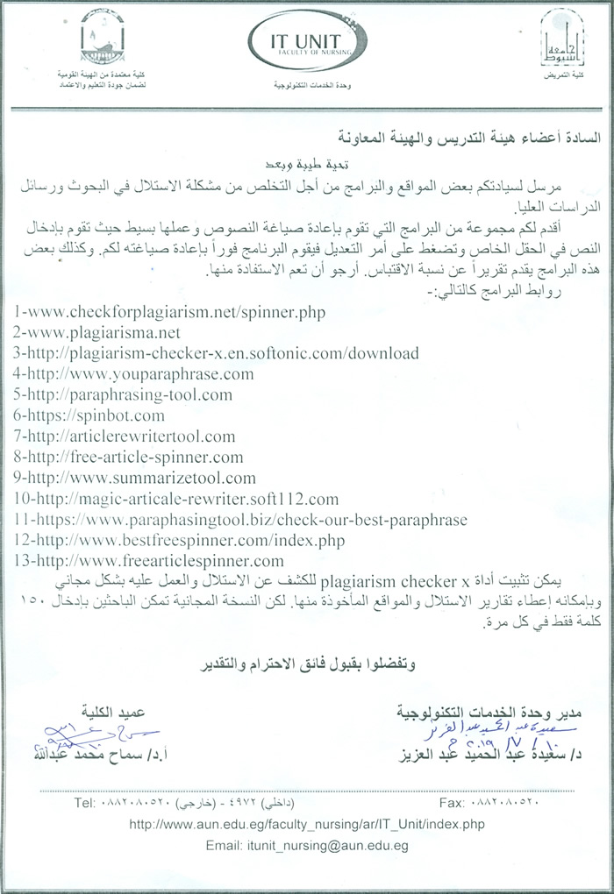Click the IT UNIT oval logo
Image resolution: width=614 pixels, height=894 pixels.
click(306, 40)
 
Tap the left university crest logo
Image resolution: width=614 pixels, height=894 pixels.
click(102, 39)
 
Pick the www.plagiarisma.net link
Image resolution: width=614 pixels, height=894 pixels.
click(96, 333)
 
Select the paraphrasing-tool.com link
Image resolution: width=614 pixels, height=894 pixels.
click(123, 395)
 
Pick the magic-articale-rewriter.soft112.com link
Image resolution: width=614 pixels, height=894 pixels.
click(175, 500)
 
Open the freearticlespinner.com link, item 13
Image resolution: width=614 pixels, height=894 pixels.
click(149, 562)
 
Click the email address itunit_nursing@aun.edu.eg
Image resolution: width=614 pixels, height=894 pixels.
click(307, 847)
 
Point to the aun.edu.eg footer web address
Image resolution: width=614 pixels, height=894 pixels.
click(306, 825)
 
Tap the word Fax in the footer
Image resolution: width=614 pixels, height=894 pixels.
click(449, 803)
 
